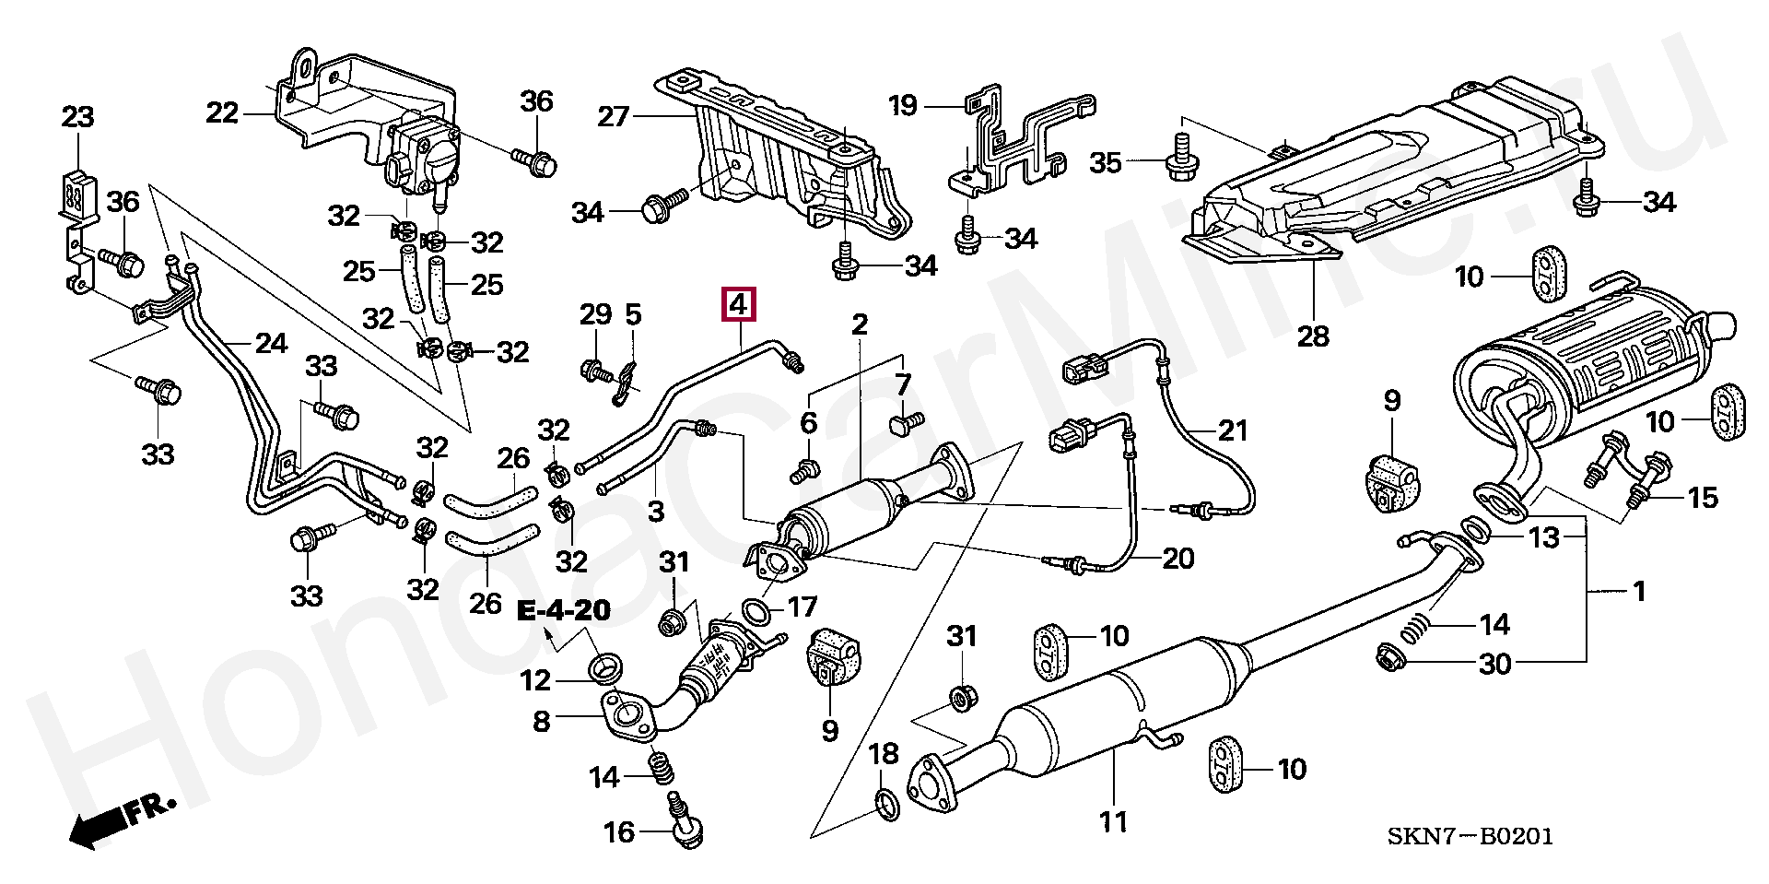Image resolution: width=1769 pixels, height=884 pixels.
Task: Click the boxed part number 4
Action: point(739,304)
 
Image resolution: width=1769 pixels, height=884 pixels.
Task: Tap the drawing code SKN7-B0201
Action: point(1470,837)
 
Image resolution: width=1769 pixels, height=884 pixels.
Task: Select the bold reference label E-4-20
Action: point(564,610)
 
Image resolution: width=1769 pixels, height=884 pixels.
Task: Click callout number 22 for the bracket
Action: point(222,112)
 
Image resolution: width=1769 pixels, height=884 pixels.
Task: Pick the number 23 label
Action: point(77,117)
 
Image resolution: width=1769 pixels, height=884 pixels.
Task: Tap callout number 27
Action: point(613,116)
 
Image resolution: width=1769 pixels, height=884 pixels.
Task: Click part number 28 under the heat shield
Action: point(1313,336)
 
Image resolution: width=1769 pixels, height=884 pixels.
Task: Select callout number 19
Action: point(903,105)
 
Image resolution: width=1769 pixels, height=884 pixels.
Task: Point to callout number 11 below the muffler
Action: point(1113,820)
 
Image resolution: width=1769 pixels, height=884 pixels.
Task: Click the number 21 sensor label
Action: point(1232,430)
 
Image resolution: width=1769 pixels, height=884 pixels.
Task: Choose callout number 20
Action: point(1177,558)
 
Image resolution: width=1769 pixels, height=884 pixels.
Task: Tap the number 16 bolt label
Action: point(619,832)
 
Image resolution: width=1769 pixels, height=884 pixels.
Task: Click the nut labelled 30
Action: point(1388,657)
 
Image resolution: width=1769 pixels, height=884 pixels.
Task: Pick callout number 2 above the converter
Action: point(860,324)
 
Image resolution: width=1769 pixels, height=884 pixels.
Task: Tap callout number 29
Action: point(595,314)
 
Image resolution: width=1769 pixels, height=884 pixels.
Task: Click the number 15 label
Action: point(1703,498)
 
